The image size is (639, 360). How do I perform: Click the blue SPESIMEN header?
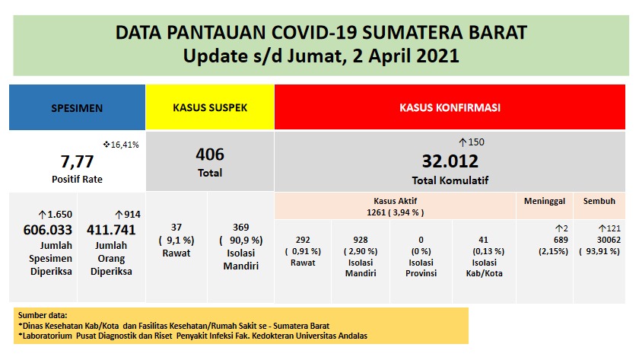click(77, 107)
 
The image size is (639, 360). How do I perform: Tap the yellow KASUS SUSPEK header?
click(209, 107)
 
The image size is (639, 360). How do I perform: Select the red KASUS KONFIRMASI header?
click(450, 107)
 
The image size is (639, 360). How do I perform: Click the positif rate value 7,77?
click(76, 161)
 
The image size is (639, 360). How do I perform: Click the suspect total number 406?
click(210, 155)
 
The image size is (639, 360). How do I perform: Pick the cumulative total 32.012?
click(450, 161)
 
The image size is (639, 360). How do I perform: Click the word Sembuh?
click(599, 201)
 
